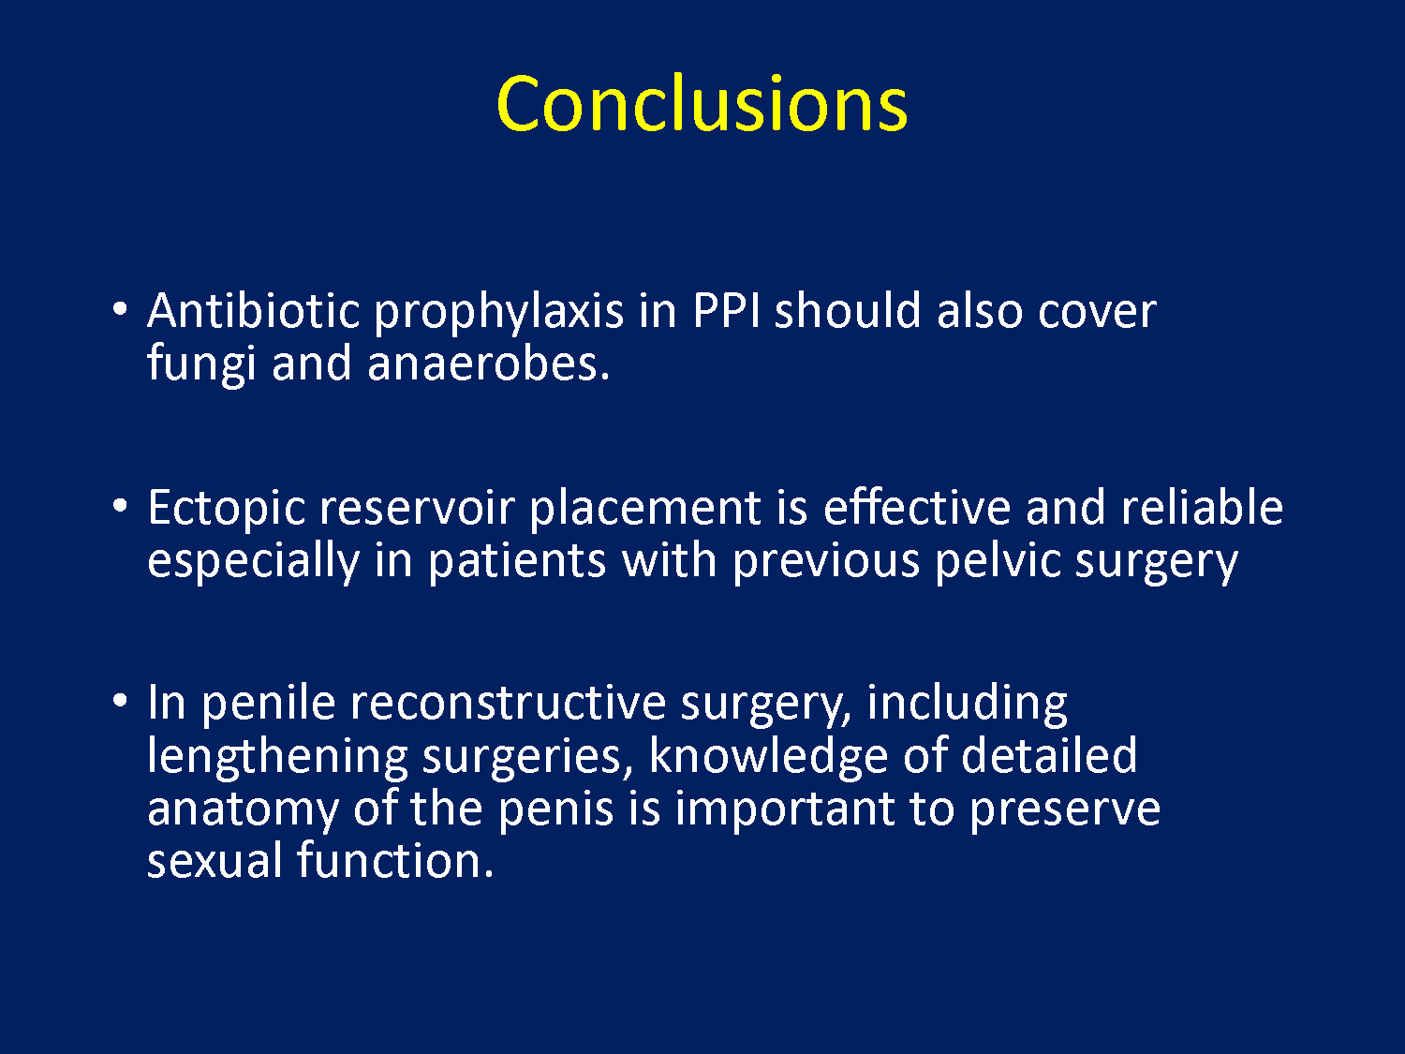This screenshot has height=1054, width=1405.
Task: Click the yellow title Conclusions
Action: pos(702,104)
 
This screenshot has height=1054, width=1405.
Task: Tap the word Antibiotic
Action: pos(254,310)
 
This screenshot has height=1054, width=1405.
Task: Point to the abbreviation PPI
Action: pos(727,311)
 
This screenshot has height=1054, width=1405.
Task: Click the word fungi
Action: pos(201,365)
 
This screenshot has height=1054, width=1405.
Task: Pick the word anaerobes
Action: pos(488,364)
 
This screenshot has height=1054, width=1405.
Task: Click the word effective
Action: pos(917,507)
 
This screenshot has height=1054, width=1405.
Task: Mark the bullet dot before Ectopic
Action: pos(120,506)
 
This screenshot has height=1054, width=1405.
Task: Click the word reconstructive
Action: pos(509,704)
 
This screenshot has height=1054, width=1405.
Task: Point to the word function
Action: pos(395,859)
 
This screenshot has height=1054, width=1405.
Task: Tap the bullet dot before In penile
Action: pos(120,702)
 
